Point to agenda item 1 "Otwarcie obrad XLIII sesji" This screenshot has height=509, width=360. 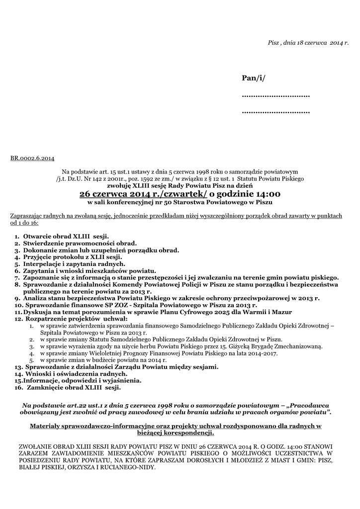point(66,237)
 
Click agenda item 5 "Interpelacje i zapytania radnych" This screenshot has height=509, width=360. point(74,264)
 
